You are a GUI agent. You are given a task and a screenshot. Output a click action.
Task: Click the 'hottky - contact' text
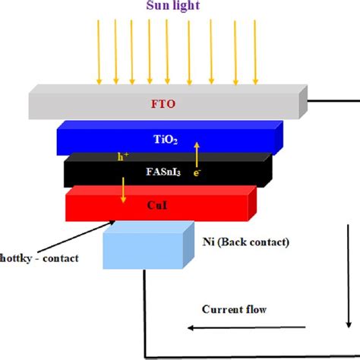(x=39, y=258)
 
